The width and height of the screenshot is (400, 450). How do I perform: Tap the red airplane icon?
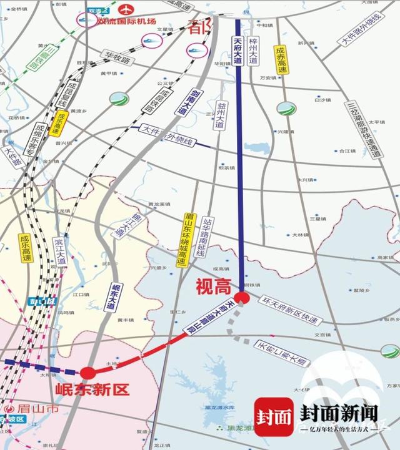pyautogui.click(x=127, y=10)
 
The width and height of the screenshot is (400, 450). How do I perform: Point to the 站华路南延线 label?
pyautogui.click(x=202, y=237)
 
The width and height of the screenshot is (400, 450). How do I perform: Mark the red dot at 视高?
pyautogui.click(x=242, y=298)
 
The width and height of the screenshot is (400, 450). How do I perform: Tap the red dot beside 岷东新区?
pyautogui.click(x=87, y=373)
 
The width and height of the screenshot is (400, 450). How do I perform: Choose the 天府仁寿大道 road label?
pyautogui.click(x=281, y=352)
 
